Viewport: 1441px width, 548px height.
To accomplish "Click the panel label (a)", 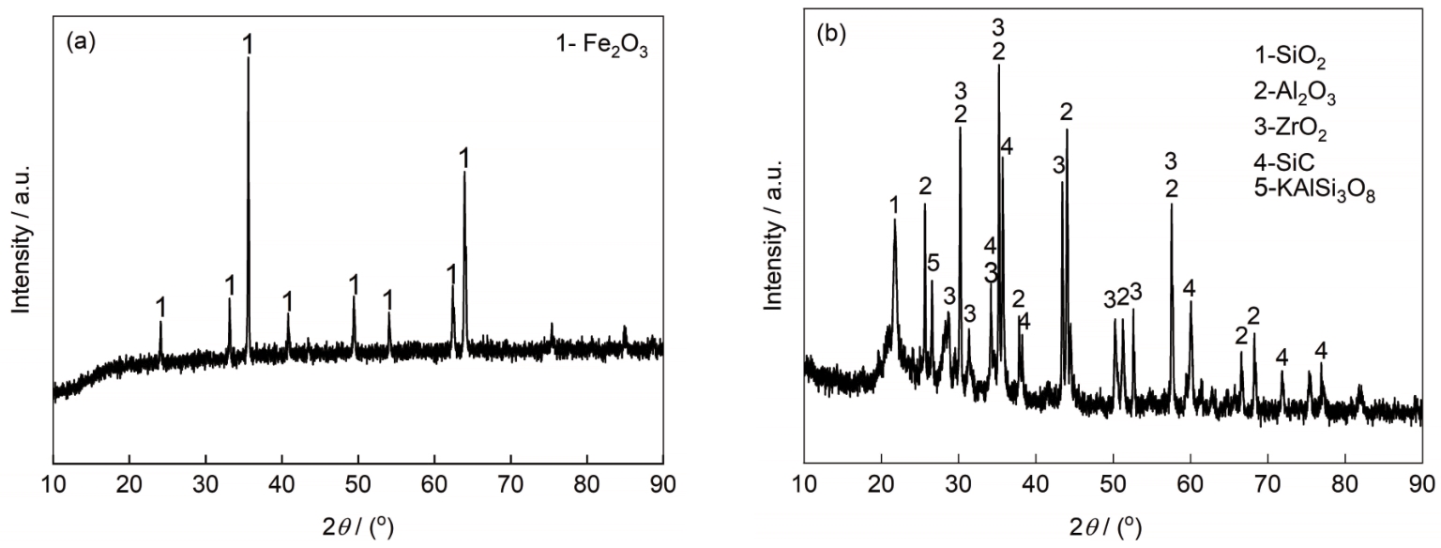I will click(79, 43).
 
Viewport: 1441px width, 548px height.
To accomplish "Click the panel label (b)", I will click(832, 36).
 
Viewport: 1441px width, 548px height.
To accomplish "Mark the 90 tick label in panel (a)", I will click(663, 487).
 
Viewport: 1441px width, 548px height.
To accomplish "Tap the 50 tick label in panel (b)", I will click(1113, 487).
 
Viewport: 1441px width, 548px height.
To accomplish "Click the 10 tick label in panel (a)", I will click(53, 487).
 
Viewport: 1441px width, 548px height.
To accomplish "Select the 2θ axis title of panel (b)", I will click(1113, 527).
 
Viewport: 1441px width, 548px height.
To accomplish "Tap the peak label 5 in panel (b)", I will click(933, 262).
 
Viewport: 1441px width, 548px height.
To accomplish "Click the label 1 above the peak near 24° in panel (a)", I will click(161, 306).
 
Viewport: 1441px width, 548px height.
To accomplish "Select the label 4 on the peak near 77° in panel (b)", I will click(1321, 351).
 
